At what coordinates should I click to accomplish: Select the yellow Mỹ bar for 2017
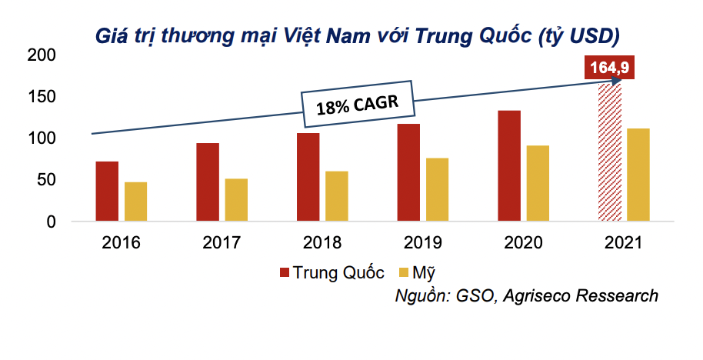(236, 200)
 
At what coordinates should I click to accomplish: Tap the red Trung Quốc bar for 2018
(308, 177)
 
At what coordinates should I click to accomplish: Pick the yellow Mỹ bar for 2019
(437, 189)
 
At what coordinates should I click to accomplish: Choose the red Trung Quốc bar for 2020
(508, 166)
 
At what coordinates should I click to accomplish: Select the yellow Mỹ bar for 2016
(135, 202)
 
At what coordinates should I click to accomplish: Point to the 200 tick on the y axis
(41, 55)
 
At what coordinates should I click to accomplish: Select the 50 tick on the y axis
(45, 180)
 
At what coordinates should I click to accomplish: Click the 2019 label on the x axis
(422, 243)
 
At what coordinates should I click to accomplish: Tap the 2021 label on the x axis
(623, 243)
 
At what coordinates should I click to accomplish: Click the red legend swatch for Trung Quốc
(284, 272)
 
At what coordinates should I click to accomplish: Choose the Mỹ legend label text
(424, 272)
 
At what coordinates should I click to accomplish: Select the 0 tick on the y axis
(51, 222)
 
